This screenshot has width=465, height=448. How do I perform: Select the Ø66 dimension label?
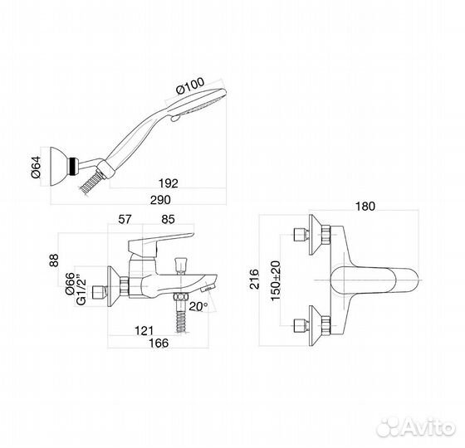(x=71, y=289)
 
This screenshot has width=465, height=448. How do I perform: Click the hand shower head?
(x=199, y=104)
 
